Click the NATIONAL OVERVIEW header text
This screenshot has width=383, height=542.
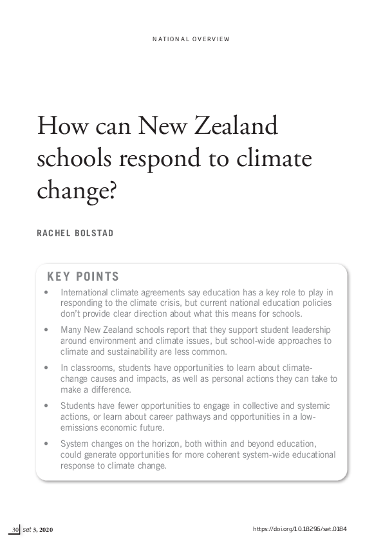[191, 39]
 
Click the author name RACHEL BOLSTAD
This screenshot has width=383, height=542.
[75, 233]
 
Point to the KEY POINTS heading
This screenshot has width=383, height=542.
[83, 277]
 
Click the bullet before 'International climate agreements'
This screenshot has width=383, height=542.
[46, 292]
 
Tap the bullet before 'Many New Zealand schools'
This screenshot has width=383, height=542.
[46, 329]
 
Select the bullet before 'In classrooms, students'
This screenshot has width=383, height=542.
[46, 368]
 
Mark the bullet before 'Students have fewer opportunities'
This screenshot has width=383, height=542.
[46, 406]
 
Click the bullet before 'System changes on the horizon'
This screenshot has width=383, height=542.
[46, 444]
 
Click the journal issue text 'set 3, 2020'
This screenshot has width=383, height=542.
[39, 529]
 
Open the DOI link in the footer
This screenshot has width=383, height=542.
[300, 529]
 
